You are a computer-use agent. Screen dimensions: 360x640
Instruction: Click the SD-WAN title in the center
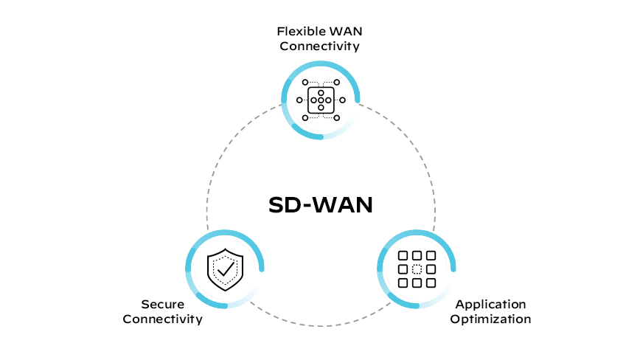tap(320, 204)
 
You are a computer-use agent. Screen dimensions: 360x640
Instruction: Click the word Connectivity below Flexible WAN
tap(320, 46)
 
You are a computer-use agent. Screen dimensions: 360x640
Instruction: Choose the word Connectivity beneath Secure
tap(162, 319)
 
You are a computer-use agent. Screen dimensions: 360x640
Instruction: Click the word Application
tap(490, 304)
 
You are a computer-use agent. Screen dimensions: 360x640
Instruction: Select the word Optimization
tap(490, 319)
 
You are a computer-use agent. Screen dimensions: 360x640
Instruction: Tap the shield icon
tap(224, 269)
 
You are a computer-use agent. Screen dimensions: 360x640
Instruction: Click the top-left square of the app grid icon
tap(403, 256)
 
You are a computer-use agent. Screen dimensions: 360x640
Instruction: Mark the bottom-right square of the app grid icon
tap(431, 283)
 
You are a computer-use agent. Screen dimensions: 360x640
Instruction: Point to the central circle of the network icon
tap(321, 100)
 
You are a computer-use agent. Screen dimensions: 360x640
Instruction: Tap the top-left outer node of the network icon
tap(305, 82)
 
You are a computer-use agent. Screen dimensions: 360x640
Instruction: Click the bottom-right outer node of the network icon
tap(336, 117)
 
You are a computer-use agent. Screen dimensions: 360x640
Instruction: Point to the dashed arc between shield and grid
tap(320, 325)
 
